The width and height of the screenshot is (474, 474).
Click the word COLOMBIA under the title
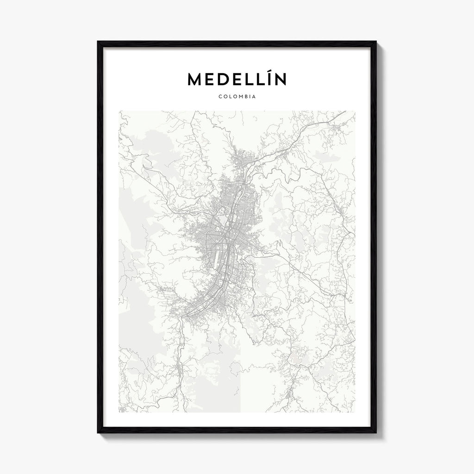(237, 97)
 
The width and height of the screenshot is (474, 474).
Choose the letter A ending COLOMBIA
(255, 97)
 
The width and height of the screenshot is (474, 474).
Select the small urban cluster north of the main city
(241, 160)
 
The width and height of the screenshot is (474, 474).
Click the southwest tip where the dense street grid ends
(185, 316)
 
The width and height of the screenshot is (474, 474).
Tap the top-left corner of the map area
(119, 111)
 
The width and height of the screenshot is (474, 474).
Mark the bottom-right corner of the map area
(355, 412)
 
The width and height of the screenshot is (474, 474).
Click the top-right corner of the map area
(355, 111)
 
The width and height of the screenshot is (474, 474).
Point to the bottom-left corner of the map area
(119, 412)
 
